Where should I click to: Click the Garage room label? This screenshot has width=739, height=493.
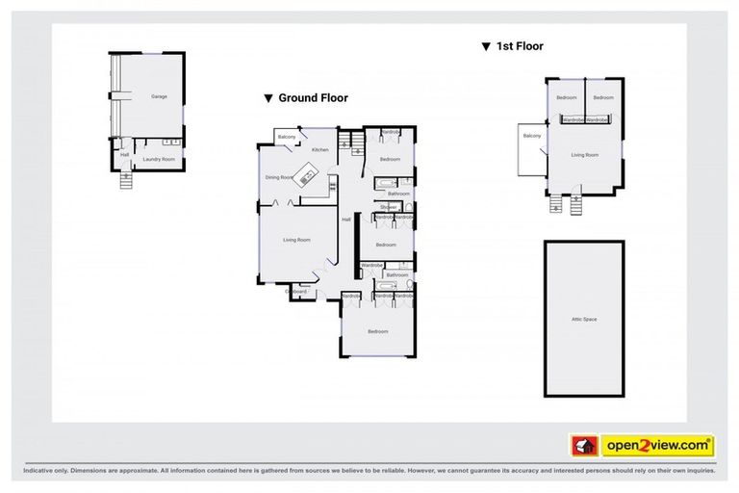[158, 97]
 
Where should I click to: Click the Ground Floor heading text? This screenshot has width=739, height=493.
[313, 98]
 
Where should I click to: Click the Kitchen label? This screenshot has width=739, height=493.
[320, 150]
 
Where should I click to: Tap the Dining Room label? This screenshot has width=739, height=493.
[279, 177]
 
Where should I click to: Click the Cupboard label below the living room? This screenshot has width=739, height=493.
[297, 291]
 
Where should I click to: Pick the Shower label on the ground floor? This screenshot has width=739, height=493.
[388, 207]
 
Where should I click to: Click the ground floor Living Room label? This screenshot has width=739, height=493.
[296, 240]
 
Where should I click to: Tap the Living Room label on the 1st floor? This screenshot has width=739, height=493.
[584, 154]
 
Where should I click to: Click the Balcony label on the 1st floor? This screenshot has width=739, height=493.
[532, 137]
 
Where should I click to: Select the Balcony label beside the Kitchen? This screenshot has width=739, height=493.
[287, 137]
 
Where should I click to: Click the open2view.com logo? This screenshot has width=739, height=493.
[658, 446]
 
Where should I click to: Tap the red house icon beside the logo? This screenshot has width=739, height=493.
[583, 446]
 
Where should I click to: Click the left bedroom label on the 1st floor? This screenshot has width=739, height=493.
[566, 98]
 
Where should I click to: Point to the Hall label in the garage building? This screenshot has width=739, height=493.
[125, 154]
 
